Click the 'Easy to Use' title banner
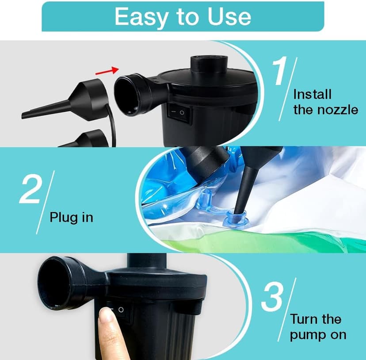point(183,16)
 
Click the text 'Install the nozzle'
point(325,102)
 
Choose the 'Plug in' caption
point(71,218)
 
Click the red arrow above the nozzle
point(108,70)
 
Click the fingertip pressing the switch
point(107,318)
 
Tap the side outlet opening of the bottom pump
point(56,283)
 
